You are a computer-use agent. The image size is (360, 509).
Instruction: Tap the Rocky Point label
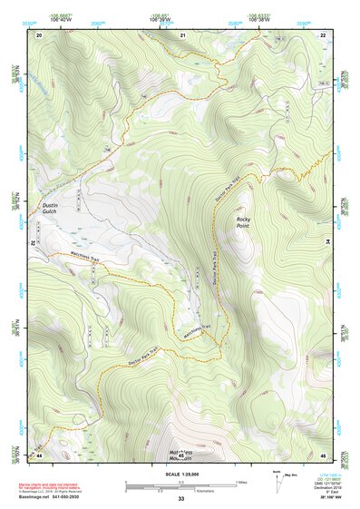coord(243,223)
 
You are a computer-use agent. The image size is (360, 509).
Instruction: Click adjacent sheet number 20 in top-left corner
coord(39,34)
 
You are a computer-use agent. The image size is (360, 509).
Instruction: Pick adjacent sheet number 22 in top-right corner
coord(323,34)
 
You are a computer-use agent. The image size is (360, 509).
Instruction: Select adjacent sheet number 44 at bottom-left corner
coord(39,454)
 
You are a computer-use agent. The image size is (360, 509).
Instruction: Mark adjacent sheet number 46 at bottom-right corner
coord(323,454)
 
